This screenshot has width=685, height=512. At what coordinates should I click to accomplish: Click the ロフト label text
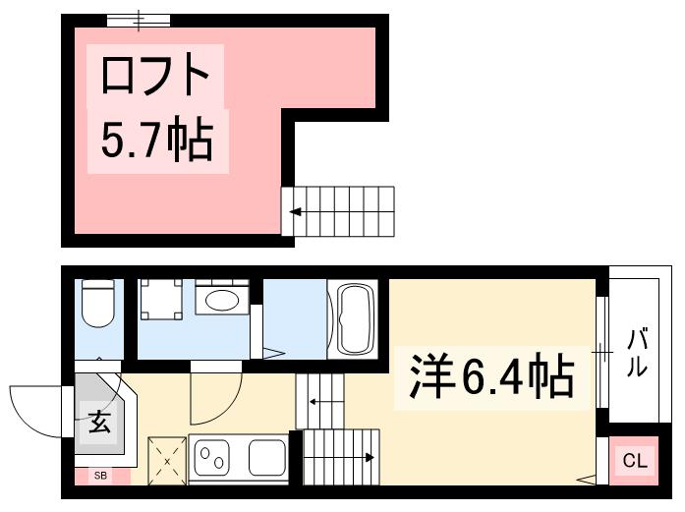154,75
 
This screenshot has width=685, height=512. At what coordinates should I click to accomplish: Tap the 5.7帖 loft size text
156,141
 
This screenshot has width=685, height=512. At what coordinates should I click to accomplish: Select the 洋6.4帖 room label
485,375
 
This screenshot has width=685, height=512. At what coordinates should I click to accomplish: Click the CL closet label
636,460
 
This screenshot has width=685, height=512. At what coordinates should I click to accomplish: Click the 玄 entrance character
99,424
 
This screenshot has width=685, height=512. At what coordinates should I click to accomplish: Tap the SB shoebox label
99,477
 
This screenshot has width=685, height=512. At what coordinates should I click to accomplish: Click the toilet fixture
98,304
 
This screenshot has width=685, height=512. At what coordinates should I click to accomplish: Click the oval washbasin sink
221,299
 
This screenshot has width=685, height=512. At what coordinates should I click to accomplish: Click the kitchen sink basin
266,458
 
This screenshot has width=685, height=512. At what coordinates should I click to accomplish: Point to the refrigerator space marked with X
167,459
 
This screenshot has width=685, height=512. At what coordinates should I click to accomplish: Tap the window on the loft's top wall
139,20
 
